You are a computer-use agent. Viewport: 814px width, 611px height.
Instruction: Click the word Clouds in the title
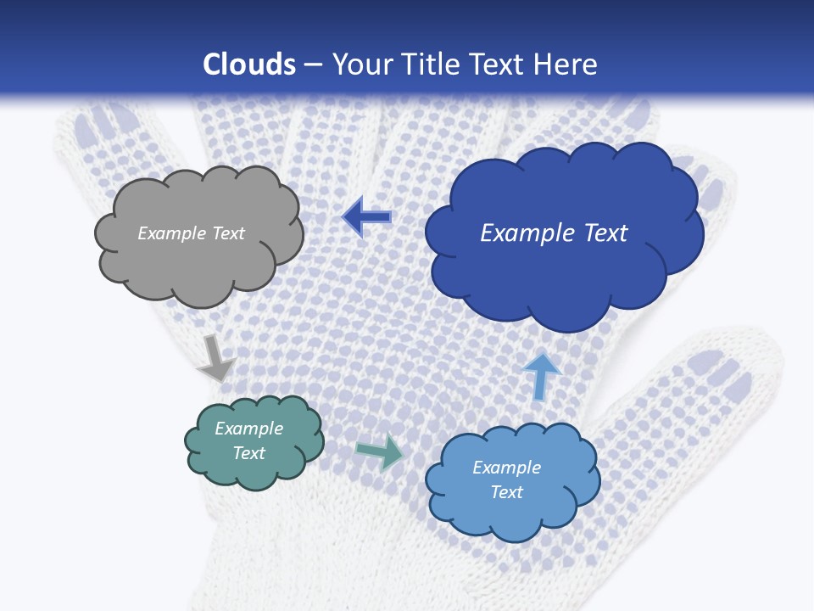pos(249,64)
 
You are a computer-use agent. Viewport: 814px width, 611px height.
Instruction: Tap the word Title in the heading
pos(429,64)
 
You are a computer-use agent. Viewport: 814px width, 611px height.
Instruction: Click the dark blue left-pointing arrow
pos(366,217)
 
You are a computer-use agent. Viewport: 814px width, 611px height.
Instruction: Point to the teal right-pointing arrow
pos(380,451)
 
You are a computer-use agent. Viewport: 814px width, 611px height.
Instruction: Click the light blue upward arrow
pos(541,376)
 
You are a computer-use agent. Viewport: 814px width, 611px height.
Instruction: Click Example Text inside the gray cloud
pos(191,233)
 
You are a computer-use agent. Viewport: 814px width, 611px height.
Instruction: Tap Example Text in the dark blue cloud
pos(554,233)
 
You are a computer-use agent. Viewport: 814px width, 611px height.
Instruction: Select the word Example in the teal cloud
pos(248,429)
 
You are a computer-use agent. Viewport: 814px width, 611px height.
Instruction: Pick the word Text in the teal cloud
pos(248,453)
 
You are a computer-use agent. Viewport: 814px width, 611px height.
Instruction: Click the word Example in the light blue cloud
pos(506,468)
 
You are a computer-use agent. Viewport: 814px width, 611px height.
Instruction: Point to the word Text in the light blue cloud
pos(506,492)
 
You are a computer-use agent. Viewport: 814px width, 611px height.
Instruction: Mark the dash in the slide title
pos(313,65)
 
